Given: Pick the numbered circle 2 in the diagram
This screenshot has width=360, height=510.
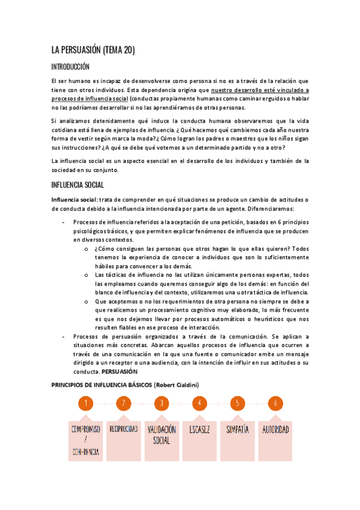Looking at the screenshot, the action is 123,404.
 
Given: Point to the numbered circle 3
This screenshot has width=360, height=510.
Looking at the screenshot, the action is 161,404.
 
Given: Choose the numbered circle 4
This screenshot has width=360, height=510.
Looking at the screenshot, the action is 199,404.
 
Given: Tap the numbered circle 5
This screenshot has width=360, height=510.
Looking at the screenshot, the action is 237,404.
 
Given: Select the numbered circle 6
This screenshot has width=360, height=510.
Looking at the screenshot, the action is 275,404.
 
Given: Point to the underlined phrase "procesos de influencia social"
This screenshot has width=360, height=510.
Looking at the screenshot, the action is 90,98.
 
